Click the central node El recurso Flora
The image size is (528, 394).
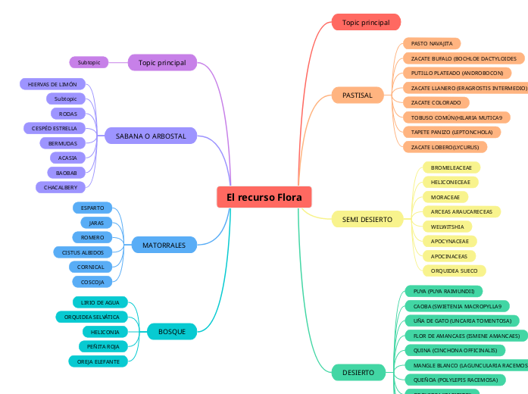pyautogui.click(x=264, y=197)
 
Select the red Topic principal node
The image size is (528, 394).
pyautogui.click(x=366, y=23)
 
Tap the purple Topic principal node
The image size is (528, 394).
pyautogui.click(x=162, y=62)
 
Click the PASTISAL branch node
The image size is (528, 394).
pyautogui.click(x=357, y=95)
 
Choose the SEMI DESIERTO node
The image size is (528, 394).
pyautogui.click(x=367, y=219)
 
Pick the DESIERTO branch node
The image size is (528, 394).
pyautogui.click(x=358, y=372)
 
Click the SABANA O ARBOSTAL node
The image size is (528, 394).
pyautogui.click(x=151, y=136)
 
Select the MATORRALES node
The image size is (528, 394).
pyautogui.click(x=164, y=245)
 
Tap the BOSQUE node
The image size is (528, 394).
pyautogui.click(x=172, y=331)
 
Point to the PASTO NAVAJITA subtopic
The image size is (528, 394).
pyautogui.click(x=431, y=44)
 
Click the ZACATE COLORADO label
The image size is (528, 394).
pyautogui.click(x=436, y=102)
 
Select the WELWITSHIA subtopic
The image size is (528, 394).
pyautogui.click(x=447, y=227)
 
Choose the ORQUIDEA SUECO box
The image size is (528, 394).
pyautogui.click(x=454, y=270)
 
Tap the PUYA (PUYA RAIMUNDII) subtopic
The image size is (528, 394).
pyautogui.click(x=443, y=291)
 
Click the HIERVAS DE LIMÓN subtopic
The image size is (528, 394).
pyautogui.click(x=52, y=84)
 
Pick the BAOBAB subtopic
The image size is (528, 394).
pyautogui.click(x=66, y=173)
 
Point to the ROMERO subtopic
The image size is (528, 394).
pyautogui.click(x=92, y=237)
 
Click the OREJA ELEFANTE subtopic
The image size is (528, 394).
pyautogui.click(x=98, y=361)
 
